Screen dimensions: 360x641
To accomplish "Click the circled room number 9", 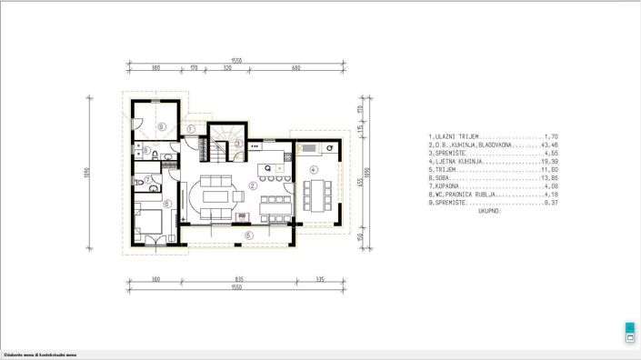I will tap(161, 126).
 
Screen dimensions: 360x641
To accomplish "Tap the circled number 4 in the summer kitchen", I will tap(313, 169).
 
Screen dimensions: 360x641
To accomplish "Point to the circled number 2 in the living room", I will tap(253, 185).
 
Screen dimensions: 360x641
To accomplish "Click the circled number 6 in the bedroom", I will tap(166, 204).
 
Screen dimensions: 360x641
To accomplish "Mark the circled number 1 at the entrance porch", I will tap(192, 129).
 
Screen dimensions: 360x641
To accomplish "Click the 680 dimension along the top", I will tap(296, 67).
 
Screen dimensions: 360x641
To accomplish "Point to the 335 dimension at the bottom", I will tap(319, 278).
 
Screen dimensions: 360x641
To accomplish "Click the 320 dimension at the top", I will tap(227, 67).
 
